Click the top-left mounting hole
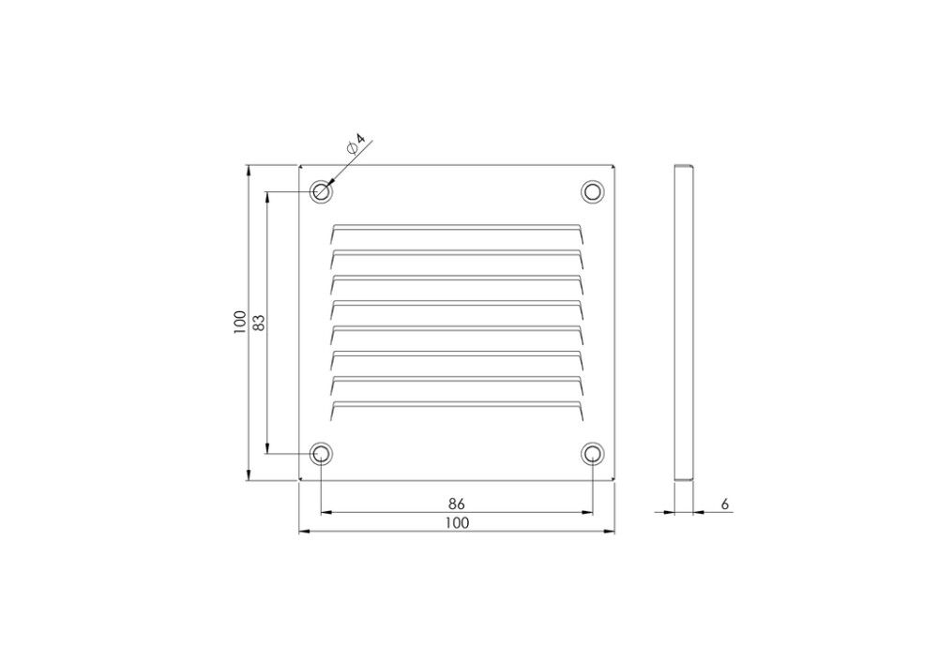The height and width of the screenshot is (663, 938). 322,192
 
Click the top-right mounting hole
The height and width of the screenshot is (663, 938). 592,191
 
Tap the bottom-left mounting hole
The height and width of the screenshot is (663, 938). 321,455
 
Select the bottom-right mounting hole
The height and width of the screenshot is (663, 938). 592,455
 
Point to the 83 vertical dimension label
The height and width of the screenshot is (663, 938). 260,322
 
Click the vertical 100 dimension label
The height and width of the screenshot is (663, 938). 240,322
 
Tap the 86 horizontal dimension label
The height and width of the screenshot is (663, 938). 457,505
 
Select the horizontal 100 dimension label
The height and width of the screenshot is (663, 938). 457,523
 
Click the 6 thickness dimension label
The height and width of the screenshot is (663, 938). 725,505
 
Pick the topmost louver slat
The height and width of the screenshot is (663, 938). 457,228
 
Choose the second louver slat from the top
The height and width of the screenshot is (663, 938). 457,253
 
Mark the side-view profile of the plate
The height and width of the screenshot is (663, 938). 685,323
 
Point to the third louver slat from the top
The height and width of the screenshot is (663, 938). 457,279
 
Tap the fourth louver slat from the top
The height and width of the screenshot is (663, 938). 457,304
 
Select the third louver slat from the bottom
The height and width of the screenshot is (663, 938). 457,354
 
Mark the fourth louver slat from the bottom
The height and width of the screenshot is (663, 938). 457,329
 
